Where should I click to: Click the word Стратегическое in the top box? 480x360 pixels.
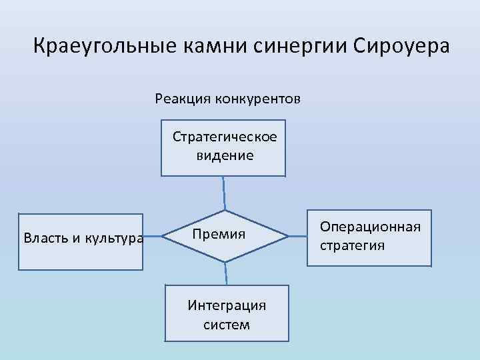click(225, 137)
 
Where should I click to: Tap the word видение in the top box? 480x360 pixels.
click(225, 155)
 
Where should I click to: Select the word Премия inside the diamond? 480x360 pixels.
click(219, 235)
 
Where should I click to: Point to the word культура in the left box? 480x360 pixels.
click(113, 238)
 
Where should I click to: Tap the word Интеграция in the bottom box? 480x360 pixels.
click(227, 305)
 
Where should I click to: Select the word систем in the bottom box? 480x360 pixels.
click(227, 325)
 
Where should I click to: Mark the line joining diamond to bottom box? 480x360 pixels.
click(226, 273)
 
